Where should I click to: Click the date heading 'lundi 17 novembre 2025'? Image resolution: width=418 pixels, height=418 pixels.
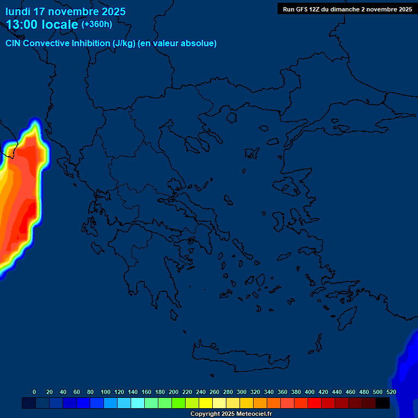(66, 11)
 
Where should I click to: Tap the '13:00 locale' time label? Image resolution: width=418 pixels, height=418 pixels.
(42, 24)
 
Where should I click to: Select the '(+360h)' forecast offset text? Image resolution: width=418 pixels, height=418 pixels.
(97, 24)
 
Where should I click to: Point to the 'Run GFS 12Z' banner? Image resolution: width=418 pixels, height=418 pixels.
(347, 9)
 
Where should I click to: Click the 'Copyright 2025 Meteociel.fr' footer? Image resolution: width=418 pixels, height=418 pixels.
(231, 414)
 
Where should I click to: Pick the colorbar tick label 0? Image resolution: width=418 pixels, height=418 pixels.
(34, 392)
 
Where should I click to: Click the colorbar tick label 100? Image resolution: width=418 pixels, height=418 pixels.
(106, 392)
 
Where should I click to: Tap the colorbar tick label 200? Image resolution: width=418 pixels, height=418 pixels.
(174, 392)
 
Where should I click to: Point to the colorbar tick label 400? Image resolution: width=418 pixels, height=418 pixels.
(310, 392)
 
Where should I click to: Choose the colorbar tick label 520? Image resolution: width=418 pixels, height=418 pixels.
(391, 392)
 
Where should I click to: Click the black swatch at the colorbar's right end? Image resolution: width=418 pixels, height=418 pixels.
(383, 403)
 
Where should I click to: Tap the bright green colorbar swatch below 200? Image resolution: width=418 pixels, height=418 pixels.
(179, 403)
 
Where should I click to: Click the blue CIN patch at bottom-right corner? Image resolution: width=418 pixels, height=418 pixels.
(407, 370)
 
